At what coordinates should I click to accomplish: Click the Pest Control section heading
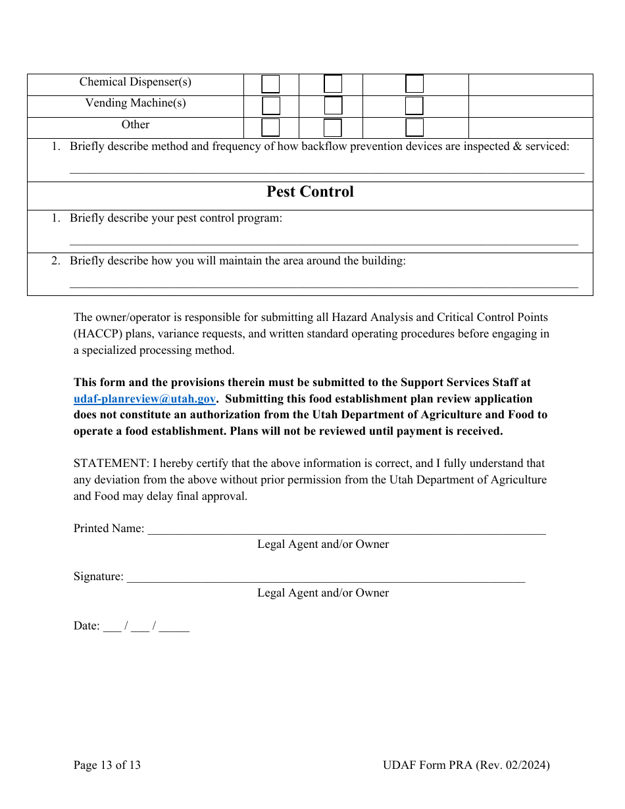(310, 192)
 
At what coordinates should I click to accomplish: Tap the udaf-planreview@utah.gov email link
(145, 399)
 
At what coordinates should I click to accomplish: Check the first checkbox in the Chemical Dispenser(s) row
(270, 84)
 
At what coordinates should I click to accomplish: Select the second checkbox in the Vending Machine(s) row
(333, 106)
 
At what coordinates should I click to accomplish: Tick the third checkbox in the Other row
(414, 128)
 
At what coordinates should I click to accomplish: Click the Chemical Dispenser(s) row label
(136, 82)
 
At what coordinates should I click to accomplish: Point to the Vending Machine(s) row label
(136, 103)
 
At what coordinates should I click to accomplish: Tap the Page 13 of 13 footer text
(107, 765)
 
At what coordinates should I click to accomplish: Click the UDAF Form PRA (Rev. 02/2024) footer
(466, 765)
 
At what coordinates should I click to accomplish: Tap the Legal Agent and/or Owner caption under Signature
(323, 593)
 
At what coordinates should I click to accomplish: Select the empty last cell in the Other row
(530, 128)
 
